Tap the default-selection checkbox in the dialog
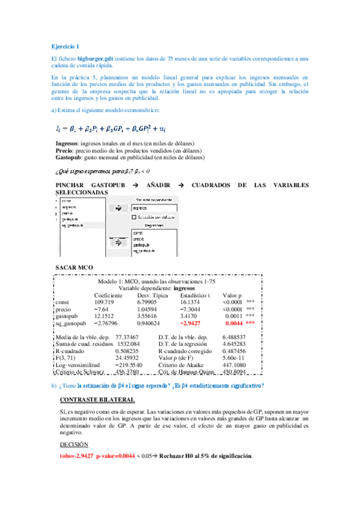pos(135,216)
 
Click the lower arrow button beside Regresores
pos(118,241)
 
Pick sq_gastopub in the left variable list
pos(72,225)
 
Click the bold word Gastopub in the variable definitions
pos(67,158)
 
